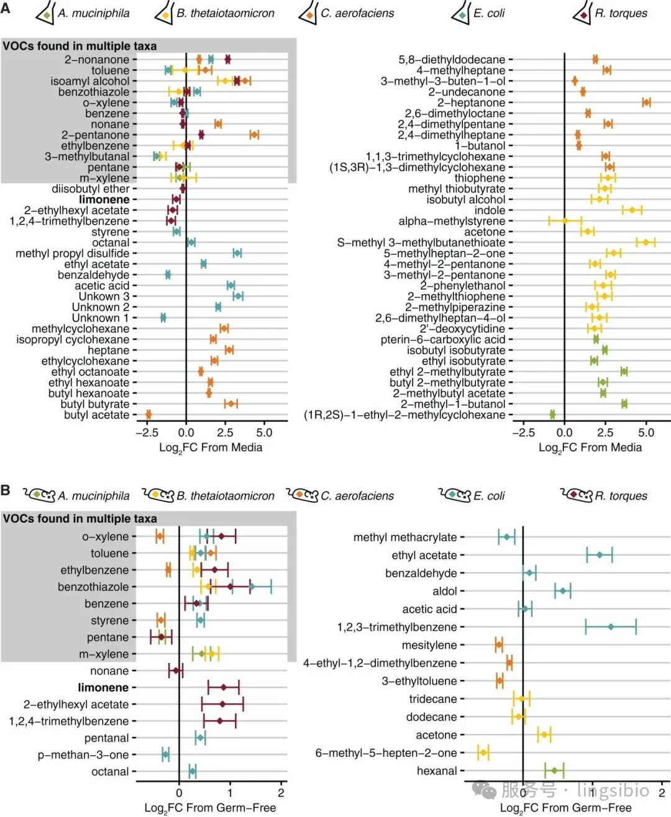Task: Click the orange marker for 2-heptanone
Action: pyautogui.click(x=646, y=102)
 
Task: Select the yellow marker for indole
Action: pyautogui.click(x=632, y=210)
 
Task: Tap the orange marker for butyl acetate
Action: pyautogui.click(x=148, y=415)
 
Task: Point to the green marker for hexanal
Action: pyautogui.click(x=554, y=770)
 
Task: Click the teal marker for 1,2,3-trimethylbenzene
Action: pyautogui.click(x=611, y=627)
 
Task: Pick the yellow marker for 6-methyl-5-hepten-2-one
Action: pyautogui.click(x=483, y=752)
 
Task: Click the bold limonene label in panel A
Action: pyautogui.click(x=104, y=199)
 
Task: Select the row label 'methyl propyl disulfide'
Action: pyautogui.click(x=73, y=253)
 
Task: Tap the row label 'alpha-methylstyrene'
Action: pyautogui.click(x=452, y=221)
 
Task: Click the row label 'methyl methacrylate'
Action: pyautogui.click(x=405, y=537)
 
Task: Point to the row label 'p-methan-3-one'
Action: pyautogui.click(x=83, y=755)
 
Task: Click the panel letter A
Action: pyautogui.click(x=6, y=8)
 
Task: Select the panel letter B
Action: pyautogui.click(x=6, y=490)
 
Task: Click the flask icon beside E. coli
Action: pyautogui.click(x=461, y=13)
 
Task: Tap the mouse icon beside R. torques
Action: pyautogui.click(x=577, y=495)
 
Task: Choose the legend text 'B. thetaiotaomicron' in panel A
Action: pyautogui.click(x=225, y=13)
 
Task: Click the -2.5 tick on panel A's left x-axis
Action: pyautogui.click(x=147, y=432)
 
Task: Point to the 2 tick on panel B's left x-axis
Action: pyautogui.click(x=281, y=793)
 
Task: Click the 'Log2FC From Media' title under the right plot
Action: pyautogui.click(x=590, y=448)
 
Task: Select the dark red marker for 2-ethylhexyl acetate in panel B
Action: pyautogui.click(x=222, y=704)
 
